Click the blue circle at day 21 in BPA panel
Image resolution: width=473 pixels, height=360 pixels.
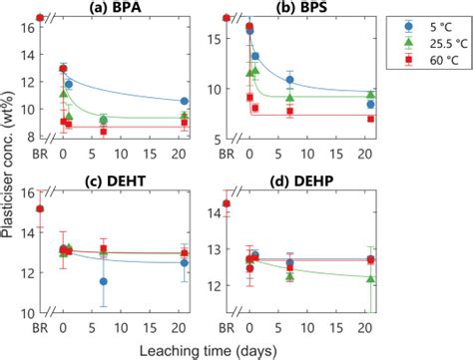pyautogui.click(x=185, y=101)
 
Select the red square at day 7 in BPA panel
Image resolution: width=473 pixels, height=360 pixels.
pyautogui.click(x=103, y=131)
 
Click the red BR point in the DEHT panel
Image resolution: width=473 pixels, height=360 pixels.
pyautogui.click(x=40, y=209)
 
